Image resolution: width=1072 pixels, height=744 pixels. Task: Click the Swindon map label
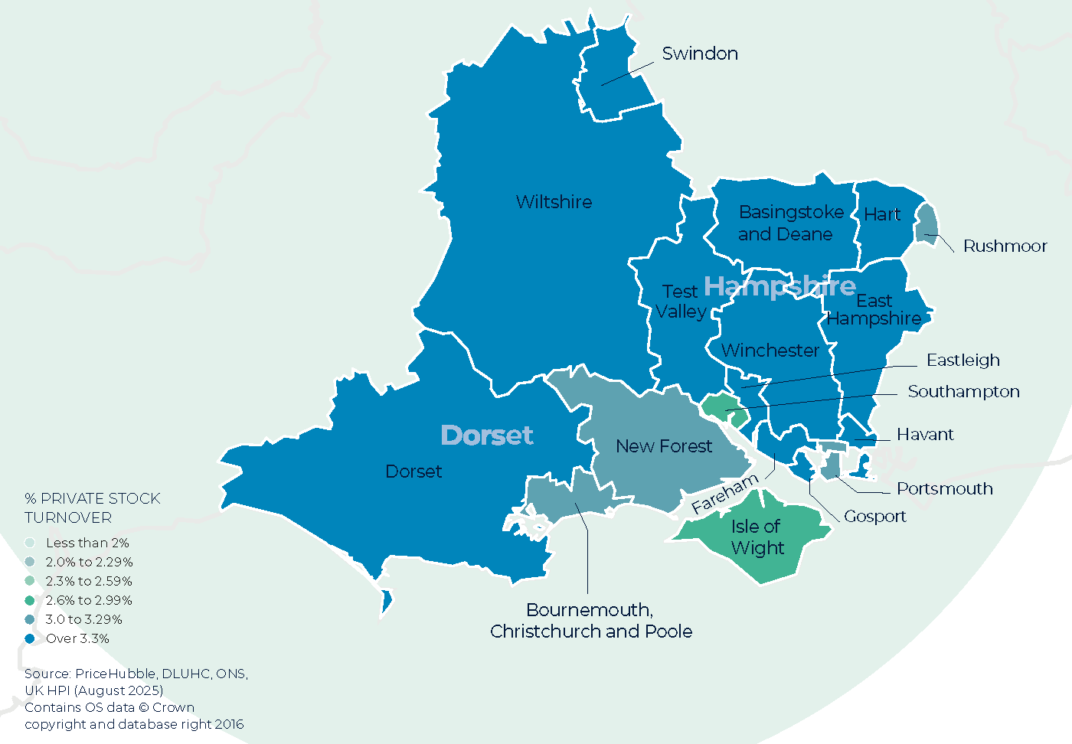(x=700, y=54)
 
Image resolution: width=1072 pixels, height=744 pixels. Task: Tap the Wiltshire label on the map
(x=554, y=202)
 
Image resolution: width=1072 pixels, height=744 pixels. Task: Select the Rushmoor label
(x=1005, y=246)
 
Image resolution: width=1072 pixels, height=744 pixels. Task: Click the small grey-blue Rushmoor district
(x=927, y=224)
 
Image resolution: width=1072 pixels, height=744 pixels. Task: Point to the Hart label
(x=882, y=214)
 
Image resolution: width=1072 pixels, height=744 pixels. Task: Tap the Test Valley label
(x=681, y=302)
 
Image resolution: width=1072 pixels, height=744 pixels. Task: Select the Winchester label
(x=770, y=351)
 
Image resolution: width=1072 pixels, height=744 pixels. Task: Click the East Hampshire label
(x=874, y=309)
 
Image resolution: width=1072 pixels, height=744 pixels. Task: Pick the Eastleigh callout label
(x=963, y=361)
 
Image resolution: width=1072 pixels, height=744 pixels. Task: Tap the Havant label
(x=925, y=435)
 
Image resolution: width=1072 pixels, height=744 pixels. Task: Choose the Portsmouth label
(x=944, y=489)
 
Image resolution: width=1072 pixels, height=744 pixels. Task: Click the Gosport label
(x=874, y=517)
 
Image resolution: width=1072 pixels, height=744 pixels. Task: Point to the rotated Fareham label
(x=724, y=494)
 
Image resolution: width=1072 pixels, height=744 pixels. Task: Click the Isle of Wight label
(x=757, y=537)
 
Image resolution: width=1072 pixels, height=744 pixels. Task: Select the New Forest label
(x=664, y=446)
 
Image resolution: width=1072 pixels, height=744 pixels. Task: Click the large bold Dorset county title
(x=487, y=435)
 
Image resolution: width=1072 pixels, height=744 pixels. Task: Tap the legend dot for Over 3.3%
(x=30, y=638)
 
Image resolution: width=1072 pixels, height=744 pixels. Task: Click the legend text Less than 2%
(x=87, y=543)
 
